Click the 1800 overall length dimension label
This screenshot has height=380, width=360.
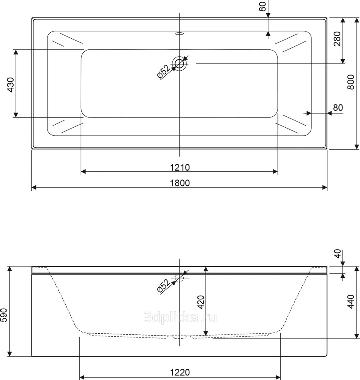(180, 183)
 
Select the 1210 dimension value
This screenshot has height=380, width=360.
(180, 168)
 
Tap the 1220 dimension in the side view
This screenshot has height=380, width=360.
(180, 372)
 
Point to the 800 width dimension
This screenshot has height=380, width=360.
(351, 82)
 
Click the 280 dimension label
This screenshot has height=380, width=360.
(337, 39)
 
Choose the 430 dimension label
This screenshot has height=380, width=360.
(11, 85)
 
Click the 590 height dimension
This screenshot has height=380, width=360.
(4, 315)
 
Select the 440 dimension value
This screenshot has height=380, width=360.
(351, 302)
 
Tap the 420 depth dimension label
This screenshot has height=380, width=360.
(201, 302)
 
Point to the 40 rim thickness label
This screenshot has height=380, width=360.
(338, 253)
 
